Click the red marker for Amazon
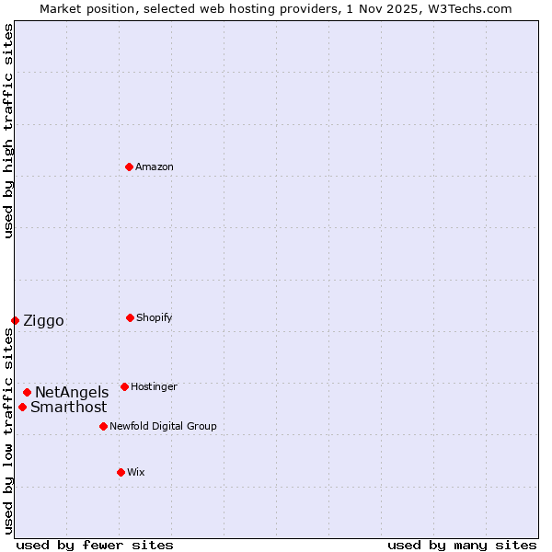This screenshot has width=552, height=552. [129, 167]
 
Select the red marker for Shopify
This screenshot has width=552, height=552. [130, 317]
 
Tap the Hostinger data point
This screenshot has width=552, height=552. [124, 386]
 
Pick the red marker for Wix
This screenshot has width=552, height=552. [121, 472]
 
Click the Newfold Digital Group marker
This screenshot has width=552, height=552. [103, 426]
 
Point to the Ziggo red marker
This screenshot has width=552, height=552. [15, 320]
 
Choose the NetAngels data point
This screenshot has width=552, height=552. [27, 392]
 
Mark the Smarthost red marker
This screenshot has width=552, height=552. [22, 407]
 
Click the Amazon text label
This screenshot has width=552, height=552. [155, 167]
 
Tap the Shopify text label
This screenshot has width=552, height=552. [155, 318]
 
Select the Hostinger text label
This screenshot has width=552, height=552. [154, 387]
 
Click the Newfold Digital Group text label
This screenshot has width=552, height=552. [163, 427]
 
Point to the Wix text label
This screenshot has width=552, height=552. [136, 473]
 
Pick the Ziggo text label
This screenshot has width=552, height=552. [43, 321]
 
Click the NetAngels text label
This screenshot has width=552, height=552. [72, 393]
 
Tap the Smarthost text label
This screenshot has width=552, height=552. [68, 408]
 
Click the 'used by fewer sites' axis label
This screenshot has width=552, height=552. [95, 545]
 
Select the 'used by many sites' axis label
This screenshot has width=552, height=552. [462, 545]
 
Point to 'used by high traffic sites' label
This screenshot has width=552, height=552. [8, 131]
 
